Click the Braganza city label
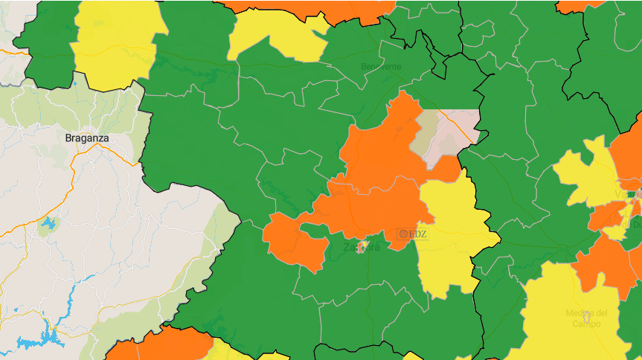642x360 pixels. click(x=87, y=138)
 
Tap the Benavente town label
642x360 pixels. click(x=381, y=66)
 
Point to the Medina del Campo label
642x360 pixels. click(x=586, y=318)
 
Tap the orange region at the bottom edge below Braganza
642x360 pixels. click(x=171, y=346)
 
